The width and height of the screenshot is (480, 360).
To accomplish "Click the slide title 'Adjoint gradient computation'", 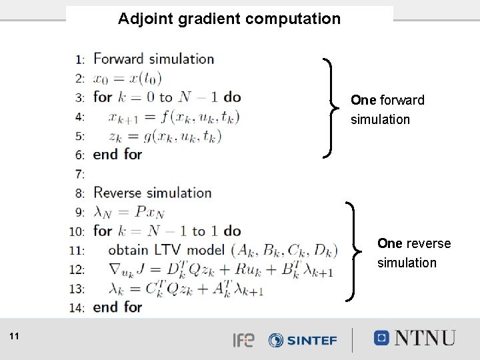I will coord(229,19).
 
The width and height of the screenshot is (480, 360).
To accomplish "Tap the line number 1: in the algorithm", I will coord(80,59).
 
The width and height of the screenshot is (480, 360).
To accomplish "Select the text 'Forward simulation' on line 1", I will coord(153,59).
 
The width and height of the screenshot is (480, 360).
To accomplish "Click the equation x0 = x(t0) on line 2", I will coord(127,78).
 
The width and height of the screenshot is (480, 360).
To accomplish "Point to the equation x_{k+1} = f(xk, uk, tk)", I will coord(173,117).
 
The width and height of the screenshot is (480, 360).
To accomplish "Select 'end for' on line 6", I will coord(117,154).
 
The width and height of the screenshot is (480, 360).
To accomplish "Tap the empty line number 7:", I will coord(80,174).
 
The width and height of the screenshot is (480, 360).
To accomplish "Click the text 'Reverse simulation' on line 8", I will coord(152,193).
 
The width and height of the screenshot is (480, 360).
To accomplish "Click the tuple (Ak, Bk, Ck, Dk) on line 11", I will coord(284,251).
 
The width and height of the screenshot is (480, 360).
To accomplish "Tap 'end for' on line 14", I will coord(117,307).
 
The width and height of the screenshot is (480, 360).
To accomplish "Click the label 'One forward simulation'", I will coord(387,110).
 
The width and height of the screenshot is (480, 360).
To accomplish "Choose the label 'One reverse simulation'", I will coord(413,253).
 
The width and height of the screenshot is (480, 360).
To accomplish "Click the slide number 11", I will coord(15,337).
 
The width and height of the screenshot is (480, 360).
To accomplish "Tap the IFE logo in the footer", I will coord(243,340).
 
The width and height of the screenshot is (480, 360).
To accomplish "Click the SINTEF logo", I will coord(303,340).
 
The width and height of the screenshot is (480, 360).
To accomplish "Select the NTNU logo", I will coord(415,338).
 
